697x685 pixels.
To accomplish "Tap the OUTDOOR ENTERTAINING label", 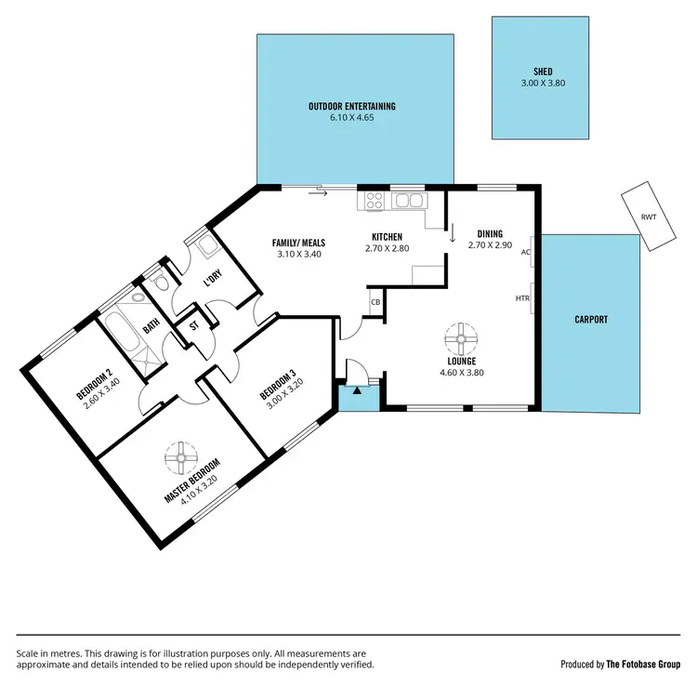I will [x=352, y=107].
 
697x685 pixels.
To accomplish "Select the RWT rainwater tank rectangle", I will [x=646, y=217].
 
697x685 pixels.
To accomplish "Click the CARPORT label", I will [x=591, y=319].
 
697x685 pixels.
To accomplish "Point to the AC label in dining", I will [x=526, y=252].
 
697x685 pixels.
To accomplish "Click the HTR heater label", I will [x=522, y=298].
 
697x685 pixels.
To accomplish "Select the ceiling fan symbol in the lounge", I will [x=461, y=336].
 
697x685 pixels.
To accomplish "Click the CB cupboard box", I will [x=375, y=302].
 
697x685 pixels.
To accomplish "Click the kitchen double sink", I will [x=407, y=200].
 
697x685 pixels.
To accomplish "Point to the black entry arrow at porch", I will [x=356, y=375].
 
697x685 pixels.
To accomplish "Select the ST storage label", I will [x=195, y=326].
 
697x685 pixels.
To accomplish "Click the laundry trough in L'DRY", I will [x=206, y=245].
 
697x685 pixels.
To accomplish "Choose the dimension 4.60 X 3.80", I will [x=461, y=373].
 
